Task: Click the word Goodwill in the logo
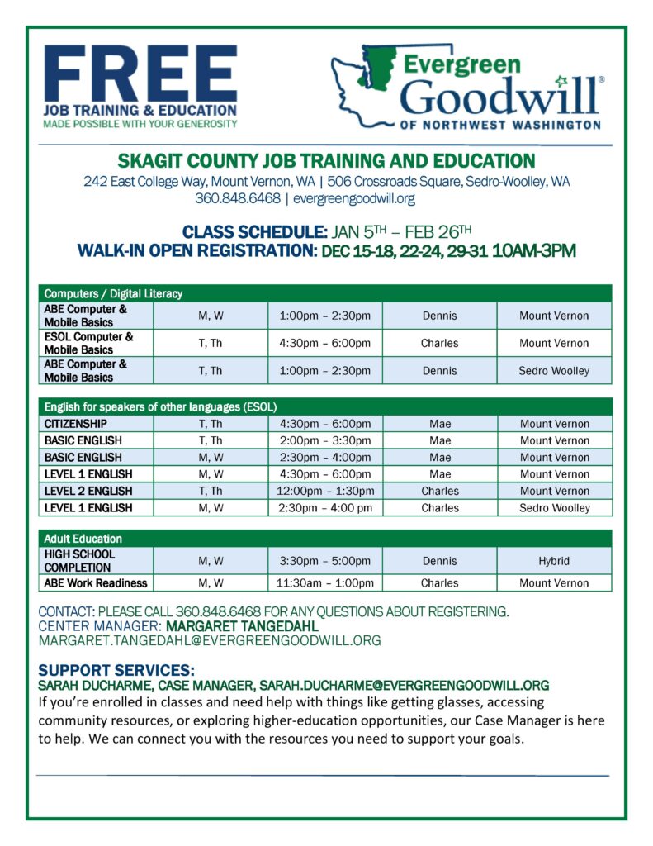pos(499,96)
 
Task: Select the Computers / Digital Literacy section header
pos(114,293)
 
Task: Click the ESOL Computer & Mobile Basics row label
pos(89,343)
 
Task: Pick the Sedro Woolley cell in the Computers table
pos(554,371)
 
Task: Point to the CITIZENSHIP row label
pos(76,424)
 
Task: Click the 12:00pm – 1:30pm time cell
pos(325,491)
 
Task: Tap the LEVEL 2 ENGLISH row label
pos(88,491)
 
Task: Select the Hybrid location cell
pos(554,561)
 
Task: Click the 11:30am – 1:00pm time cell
pos(325,583)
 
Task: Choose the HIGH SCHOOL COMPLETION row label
pos(80,561)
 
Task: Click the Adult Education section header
pos(83,539)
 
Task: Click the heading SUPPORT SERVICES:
pos(116,670)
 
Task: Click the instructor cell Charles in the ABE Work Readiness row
pos(439,583)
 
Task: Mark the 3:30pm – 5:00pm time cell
pos(325,561)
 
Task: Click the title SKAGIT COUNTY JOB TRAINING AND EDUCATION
pos(327,161)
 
